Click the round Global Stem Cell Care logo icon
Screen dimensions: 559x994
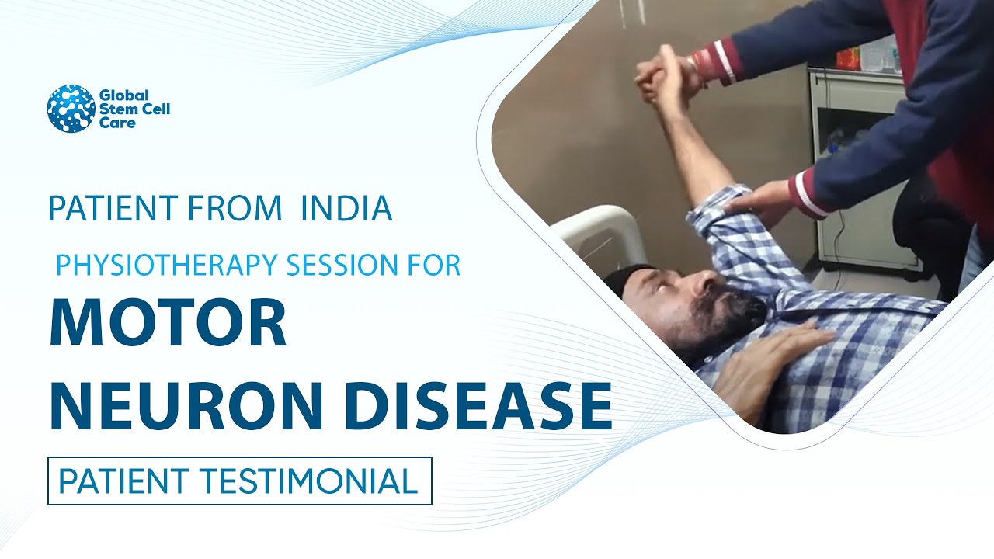pyautogui.click(x=71, y=108)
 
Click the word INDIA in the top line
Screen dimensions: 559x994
pyautogui.click(x=346, y=208)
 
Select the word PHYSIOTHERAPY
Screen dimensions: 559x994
pyautogui.click(x=167, y=265)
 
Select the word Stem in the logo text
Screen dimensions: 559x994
pyautogui.click(x=114, y=109)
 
